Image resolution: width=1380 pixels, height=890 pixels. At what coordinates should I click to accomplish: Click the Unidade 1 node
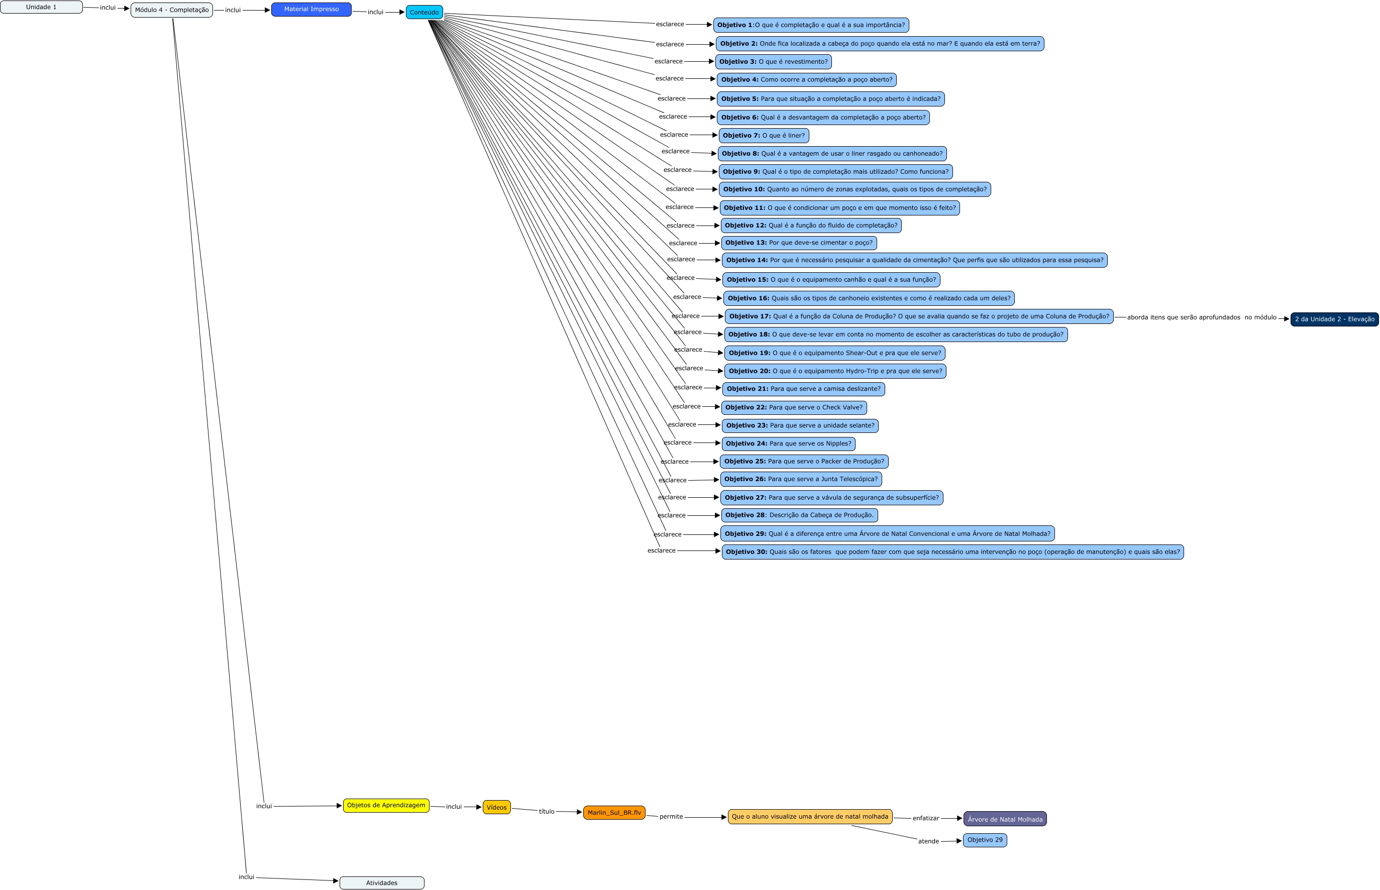41,7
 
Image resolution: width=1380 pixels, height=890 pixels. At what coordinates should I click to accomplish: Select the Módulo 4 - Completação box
172,10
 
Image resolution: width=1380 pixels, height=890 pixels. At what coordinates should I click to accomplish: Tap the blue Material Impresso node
311,9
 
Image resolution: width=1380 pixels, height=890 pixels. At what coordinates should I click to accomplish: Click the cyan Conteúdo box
424,12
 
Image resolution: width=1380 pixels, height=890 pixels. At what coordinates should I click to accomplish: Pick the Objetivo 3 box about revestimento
773,61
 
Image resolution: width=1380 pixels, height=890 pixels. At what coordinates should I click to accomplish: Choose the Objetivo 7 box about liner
764,135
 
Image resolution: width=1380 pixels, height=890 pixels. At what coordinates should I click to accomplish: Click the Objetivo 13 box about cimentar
799,243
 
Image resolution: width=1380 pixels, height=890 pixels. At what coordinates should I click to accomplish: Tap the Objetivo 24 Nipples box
788,443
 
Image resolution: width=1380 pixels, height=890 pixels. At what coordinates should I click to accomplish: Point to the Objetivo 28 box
799,515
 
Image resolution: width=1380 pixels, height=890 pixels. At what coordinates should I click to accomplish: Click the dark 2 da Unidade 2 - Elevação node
1334,319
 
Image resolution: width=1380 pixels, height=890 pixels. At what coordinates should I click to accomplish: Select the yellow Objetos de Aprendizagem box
386,805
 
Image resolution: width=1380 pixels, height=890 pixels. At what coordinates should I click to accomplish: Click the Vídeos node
496,807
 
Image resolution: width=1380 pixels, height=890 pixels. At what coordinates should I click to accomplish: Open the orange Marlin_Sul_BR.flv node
614,813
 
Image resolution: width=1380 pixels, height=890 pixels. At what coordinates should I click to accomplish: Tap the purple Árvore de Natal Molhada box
1004,819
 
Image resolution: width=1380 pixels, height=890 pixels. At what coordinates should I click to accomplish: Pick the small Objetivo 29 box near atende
985,840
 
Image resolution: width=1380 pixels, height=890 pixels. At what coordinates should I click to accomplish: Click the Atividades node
381,882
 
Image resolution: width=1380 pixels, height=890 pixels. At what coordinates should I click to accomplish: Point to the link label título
546,812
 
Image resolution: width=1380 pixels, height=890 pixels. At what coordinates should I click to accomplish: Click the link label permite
671,817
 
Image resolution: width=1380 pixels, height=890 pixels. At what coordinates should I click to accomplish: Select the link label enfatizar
925,818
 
